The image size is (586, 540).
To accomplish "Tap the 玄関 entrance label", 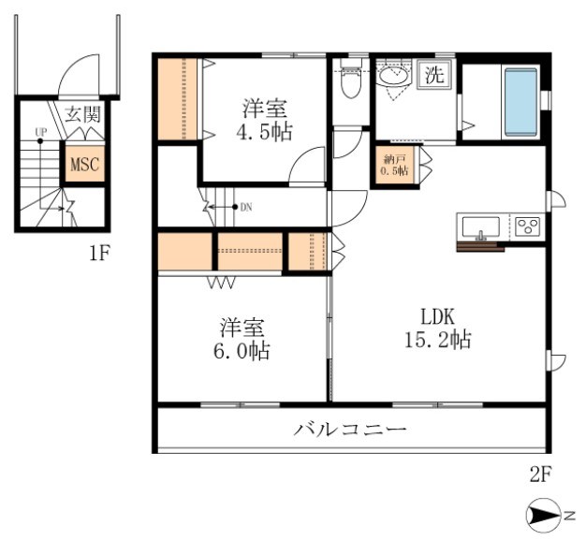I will [83, 115].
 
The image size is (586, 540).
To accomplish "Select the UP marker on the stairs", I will [40, 132].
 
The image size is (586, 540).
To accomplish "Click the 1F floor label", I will [101, 253].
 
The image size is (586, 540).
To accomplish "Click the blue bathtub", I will [521, 101].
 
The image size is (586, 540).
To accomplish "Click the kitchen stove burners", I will [527, 226].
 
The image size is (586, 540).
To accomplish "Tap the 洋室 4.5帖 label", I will [262, 120].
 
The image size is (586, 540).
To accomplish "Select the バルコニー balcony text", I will [351, 431].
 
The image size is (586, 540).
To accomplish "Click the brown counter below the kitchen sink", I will [480, 247].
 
